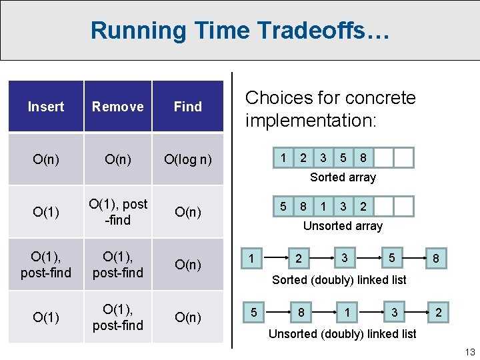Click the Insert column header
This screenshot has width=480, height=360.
(46, 107)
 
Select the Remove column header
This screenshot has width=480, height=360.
(118, 107)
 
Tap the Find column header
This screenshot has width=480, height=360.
(188, 107)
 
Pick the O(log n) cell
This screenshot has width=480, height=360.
(188, 159)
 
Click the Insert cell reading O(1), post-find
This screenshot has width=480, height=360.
(46, 265)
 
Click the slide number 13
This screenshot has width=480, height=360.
(469, 352)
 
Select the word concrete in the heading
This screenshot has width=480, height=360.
(380, 98)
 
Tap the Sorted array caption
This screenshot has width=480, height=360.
(343, 177)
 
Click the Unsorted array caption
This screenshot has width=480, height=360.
(343, 226)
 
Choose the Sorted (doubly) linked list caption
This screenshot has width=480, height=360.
(339, 280)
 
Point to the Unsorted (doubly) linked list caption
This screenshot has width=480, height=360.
(342, 333)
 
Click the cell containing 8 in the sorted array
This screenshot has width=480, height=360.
(363, 158)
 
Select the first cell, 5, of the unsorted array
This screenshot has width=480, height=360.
(283, 206)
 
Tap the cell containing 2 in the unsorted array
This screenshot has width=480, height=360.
(363, 206)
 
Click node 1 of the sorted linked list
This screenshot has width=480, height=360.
(251, 258)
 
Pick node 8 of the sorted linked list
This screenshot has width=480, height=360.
(436, 258)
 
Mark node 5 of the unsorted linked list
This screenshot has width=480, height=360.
(253, 312)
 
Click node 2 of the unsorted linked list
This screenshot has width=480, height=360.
(438, 312)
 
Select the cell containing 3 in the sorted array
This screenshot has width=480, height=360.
(323, 158)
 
